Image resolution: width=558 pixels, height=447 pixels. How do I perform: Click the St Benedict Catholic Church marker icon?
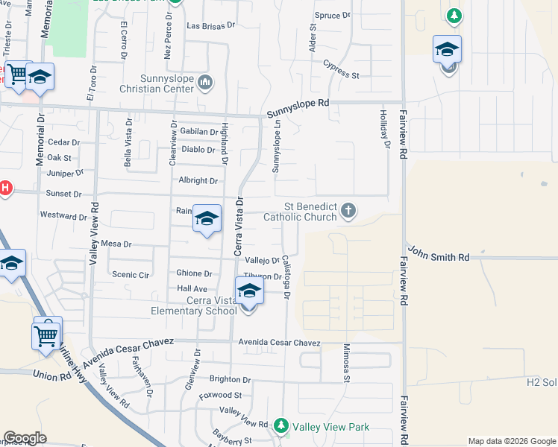(x=348, y=212)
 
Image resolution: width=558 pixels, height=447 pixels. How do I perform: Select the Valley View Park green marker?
(x=281, y=427)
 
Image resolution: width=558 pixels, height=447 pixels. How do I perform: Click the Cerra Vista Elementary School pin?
(x=249, y=292)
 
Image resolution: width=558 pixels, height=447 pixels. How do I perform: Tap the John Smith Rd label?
(x=439, y=257)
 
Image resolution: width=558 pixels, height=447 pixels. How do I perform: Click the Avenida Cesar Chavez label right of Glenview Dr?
(x=280, y=343)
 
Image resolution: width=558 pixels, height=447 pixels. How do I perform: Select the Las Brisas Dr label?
(x=210, y=25)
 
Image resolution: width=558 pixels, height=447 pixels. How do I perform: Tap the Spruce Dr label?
(x=333, y=15)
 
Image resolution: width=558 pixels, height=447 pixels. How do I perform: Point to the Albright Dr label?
(x=198, y=180)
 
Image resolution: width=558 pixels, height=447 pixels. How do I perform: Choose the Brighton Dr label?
(x=230, y=379)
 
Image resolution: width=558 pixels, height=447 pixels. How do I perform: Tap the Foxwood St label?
(x=220, y=395)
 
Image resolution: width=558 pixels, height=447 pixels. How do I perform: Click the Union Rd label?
(x=50, y=375)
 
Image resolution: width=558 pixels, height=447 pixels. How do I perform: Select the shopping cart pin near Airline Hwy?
(x=47, y=335)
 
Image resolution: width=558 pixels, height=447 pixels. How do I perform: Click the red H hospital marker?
(x=4, y=188)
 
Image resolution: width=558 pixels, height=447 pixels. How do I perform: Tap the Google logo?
(x=25, y=438)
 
